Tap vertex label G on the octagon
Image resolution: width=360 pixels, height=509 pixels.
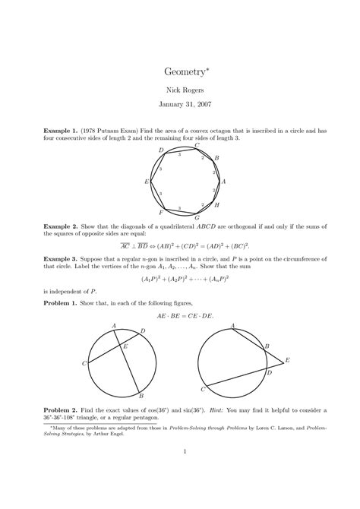(x=197, y=217)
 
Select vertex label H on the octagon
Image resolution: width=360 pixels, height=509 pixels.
(x=216, y=205)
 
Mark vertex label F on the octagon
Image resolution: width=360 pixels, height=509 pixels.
(x=160, y=213)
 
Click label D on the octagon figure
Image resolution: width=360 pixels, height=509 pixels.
(x=161, y=150)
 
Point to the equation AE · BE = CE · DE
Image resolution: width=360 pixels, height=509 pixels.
(x=179, y=315)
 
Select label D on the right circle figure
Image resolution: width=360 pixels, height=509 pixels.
(x=267, y=372)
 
